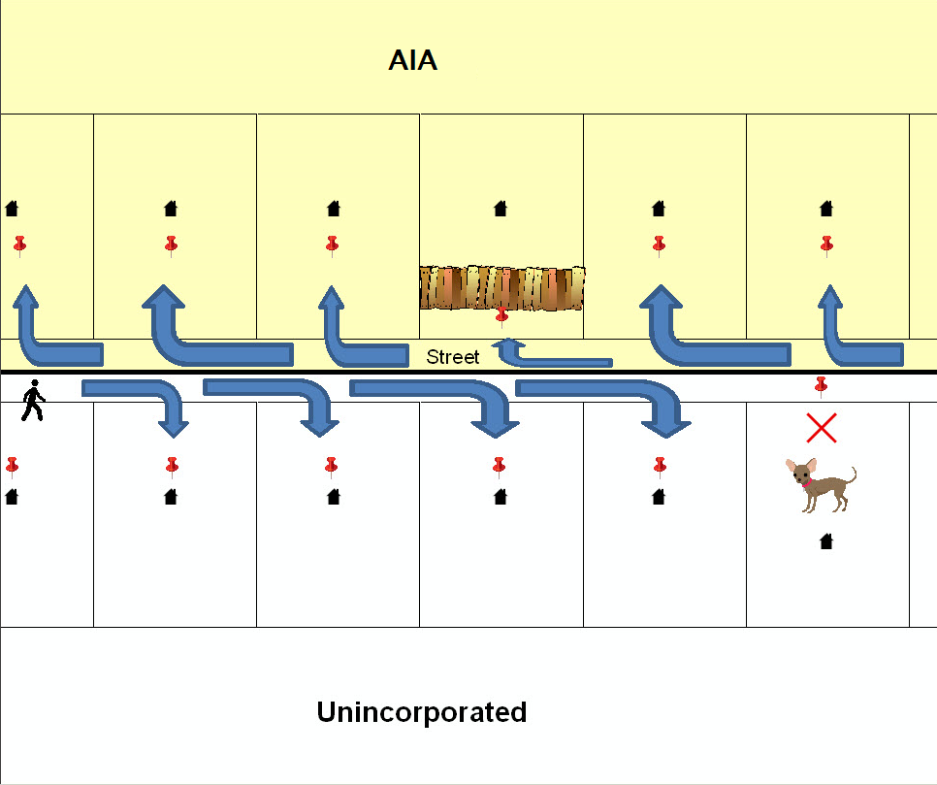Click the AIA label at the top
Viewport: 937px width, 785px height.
[x=412, y=61]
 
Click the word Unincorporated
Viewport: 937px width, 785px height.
[x=421, y=712]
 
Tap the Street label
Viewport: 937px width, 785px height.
[x=453, y=358]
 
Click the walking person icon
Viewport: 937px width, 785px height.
[x=33, y=401]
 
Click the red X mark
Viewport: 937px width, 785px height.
[x=822, y=427]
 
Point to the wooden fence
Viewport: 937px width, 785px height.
[x=501, y=287]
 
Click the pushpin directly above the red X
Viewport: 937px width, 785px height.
[x=822, y=386]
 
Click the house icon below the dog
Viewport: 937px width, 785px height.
[x=826, y=541]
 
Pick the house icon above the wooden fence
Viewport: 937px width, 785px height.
[x=501, y=208]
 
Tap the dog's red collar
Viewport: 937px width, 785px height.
[x=805, y=481]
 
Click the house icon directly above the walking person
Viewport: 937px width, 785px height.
[x=12, y=208]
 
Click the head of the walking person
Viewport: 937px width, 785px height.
[x=36, y=384]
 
